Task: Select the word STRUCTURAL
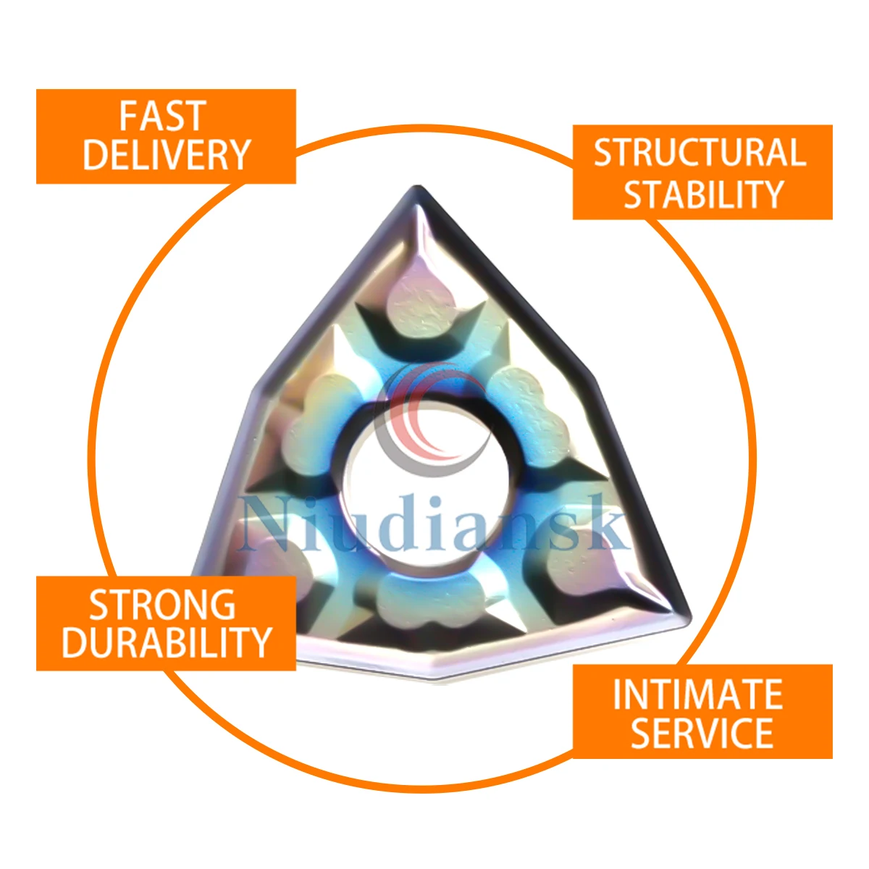[700, 152]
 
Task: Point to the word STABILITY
[703, 193]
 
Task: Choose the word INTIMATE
[697, 694]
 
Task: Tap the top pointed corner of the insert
[419, 187]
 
